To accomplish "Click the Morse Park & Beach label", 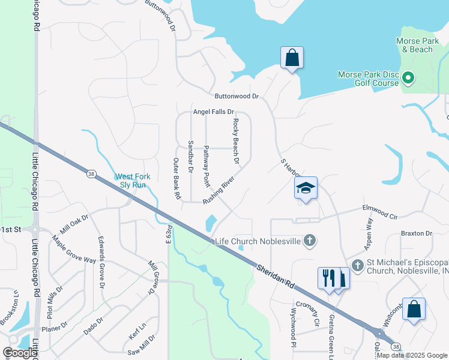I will tap(414, 45).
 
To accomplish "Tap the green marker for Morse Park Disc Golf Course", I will tap(408, 78).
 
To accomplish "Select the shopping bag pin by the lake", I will tap(292, 58).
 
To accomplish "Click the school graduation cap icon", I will tap(306, 188).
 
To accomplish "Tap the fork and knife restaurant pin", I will tap(328, 279).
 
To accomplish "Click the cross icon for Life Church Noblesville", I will tap(310, 241).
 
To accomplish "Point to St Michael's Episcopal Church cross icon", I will tap(358, 265).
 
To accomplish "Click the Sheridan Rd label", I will tap(277, 277).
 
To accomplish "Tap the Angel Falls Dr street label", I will tap(213, 112).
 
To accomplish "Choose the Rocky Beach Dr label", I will tap(237, 142).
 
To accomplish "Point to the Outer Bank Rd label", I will tap(176, 178).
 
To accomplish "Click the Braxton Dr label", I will tap(417, 233).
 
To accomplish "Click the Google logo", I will tap(20, 352).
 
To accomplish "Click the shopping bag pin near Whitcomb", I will tap(414, 310).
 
